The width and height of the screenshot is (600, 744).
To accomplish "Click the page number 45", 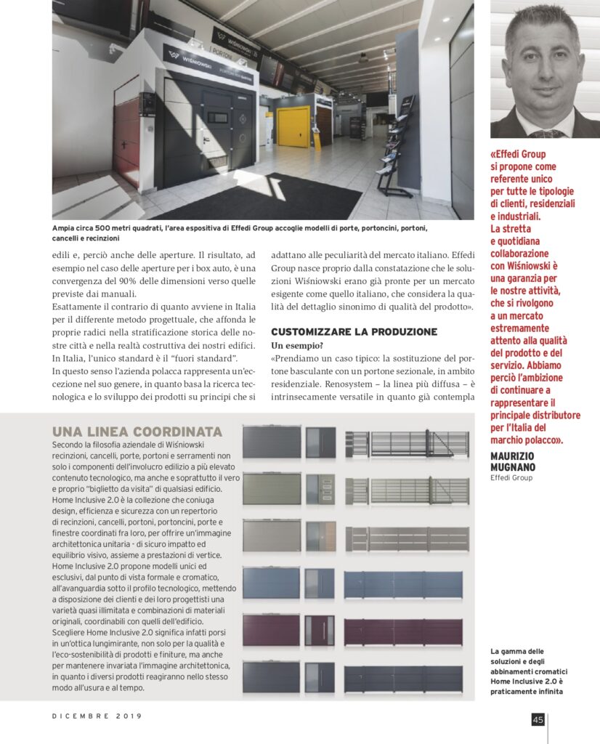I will [538, 719].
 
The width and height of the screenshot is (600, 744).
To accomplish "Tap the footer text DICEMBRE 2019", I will [97, 716].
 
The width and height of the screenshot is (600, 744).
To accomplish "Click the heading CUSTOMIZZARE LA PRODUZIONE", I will [354, 331].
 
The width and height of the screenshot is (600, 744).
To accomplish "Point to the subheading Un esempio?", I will [296, 345].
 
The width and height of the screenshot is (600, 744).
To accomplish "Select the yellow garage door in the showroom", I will [294, 127].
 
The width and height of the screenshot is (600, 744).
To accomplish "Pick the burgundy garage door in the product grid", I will [271, 630].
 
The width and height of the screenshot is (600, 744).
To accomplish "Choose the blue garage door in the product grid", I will [271, 583].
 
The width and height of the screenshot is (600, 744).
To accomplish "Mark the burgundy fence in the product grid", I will [403, 631].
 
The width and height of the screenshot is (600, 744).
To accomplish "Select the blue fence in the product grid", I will [403, 584].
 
